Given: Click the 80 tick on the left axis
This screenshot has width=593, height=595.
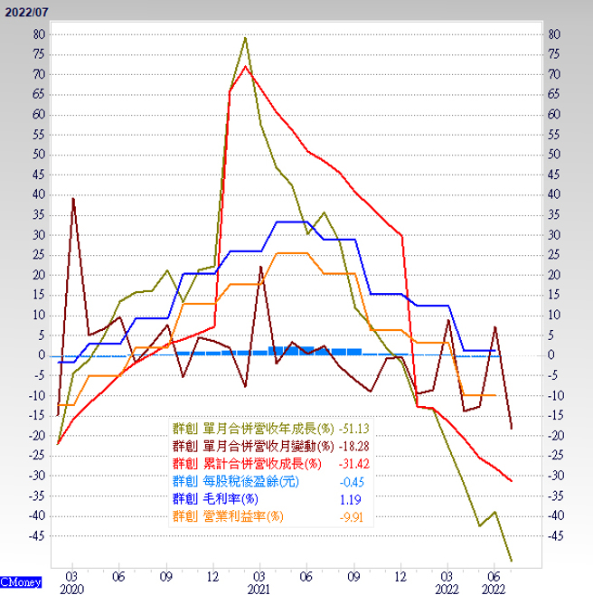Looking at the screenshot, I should click(x=38, y=33).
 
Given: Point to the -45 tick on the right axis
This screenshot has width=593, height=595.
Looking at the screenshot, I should click(x=555, y=535).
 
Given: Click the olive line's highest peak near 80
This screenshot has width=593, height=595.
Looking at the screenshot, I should click(x=245, y=38).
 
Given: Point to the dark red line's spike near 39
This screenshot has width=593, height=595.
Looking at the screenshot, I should click(x=73, y=198).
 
